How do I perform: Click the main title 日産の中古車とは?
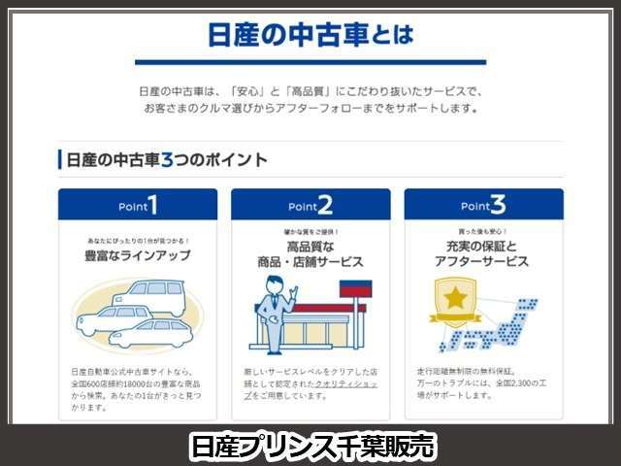[310, 36]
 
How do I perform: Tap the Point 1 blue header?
[138, 205]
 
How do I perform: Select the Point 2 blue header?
[310, 205]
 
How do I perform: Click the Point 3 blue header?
[483, 205]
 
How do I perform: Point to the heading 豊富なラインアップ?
[138, 256]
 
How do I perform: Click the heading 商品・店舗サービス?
[310, 262]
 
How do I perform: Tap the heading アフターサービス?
[483, 262]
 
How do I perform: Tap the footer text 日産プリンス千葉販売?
[310, 446]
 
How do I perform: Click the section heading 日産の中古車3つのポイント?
[163, 159]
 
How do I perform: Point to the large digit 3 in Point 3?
[498, 204]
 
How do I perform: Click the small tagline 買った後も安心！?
[483, 233]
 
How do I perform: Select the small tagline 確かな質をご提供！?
[310, 233]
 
